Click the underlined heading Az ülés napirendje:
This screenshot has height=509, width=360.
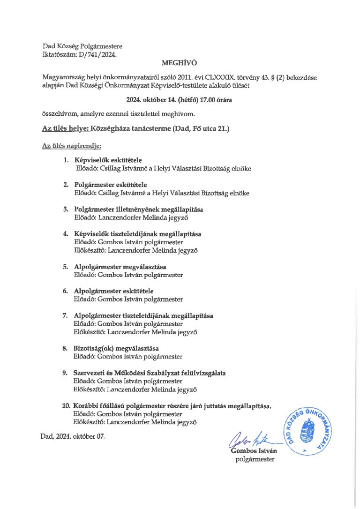tap(68, 146)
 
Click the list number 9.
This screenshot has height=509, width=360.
tap(66, 373)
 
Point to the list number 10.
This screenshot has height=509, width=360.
tap(66, 405)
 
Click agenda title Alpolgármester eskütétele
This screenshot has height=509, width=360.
tap(113, 291)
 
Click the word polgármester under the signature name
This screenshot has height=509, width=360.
tap(255, 459)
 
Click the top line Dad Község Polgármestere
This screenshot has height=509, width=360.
tap(82, 46)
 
